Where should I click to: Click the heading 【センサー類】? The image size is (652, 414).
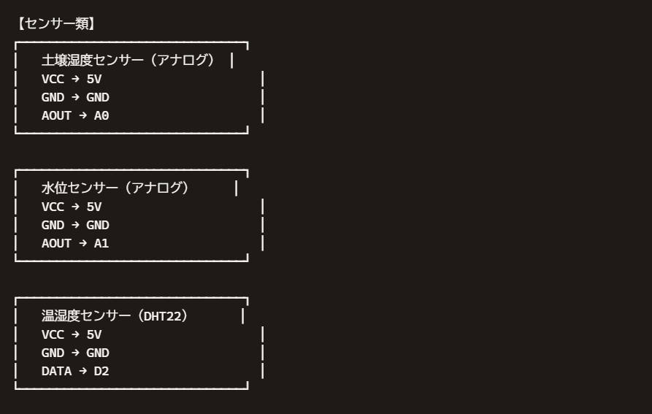[56, 23]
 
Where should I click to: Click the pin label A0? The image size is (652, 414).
[101, 115]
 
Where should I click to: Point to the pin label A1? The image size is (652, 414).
[101, 243]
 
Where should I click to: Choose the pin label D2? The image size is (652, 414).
[101, 371]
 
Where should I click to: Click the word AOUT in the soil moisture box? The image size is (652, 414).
[56, 115]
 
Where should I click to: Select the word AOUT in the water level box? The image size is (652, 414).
[56, 243]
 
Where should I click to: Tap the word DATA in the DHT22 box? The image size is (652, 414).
[56, 371]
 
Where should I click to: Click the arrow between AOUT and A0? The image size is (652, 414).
[83, 115]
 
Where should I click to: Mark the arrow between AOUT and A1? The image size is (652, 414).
[83, 242]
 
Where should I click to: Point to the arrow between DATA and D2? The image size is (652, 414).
[83, 371]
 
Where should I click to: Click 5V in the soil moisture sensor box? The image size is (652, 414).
[94, 79]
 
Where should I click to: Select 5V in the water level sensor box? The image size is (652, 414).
[94, 207]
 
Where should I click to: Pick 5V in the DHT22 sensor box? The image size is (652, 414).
[94, 334]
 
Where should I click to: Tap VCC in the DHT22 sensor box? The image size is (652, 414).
[53, 334]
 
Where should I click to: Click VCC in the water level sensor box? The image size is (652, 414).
[53, 207]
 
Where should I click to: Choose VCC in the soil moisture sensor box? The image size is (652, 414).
[53, 79]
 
